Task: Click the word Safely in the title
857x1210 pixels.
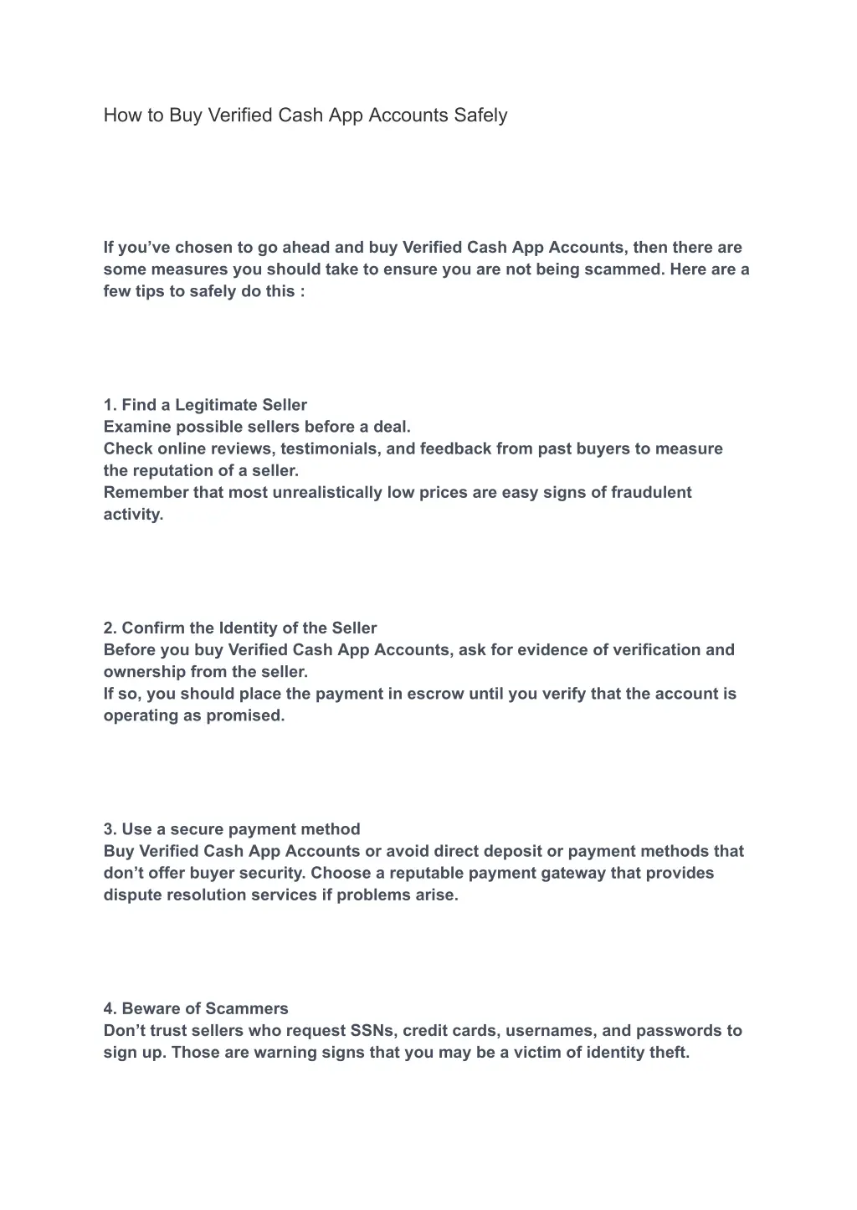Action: pyautogui.click(x=480, y=115)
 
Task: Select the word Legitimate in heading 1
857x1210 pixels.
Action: pyautogui.click(x=217, y=405)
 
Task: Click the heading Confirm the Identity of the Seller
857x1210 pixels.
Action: pyautogui.click(x=240, y=628)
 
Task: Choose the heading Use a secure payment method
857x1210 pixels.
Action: pyautogui.click(x=232, y=829)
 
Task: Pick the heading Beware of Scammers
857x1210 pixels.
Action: pyautogui.click(x=196, y=1008)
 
